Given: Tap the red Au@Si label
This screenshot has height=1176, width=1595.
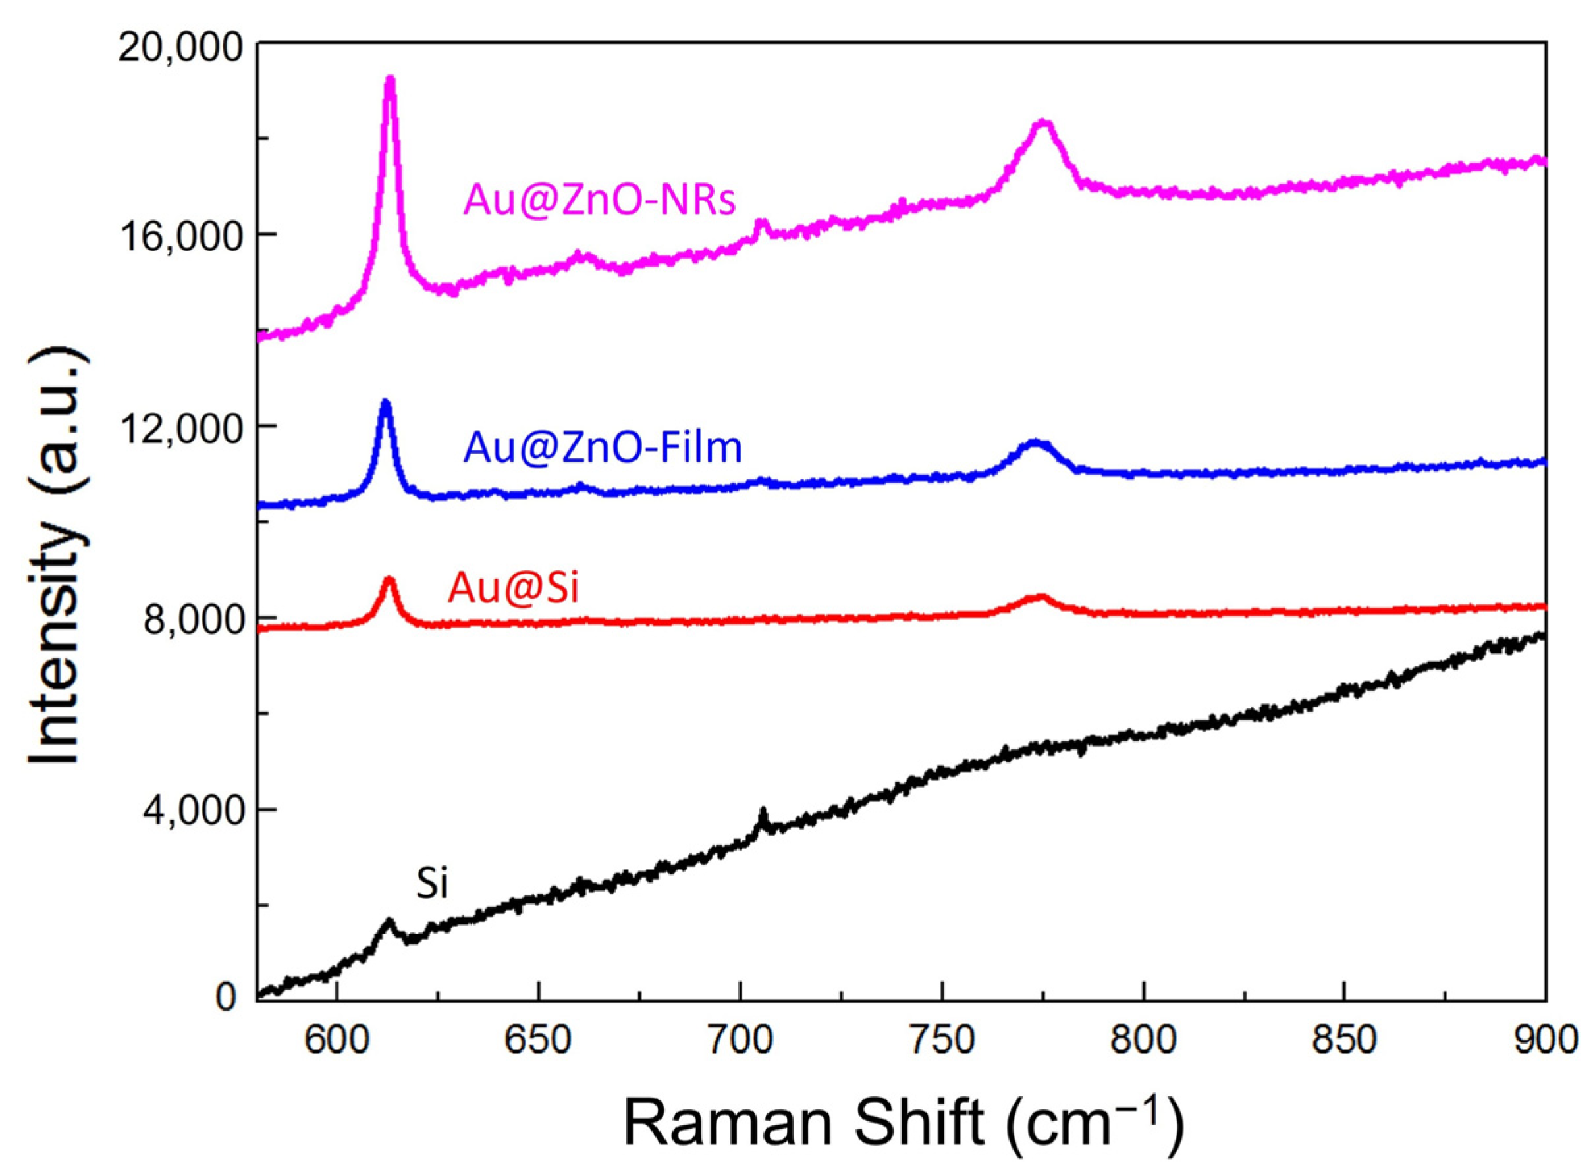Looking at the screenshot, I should coord(512,589).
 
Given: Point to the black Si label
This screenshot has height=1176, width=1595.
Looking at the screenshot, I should coord(431,885).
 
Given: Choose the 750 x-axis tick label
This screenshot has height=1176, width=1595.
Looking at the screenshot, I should coord(941,1042).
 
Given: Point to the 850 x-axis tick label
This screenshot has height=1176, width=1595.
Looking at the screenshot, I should coord(1344,1042).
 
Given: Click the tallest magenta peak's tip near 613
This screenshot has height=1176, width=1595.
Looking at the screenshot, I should coord(389,78).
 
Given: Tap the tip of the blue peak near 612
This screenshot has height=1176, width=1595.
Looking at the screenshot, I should coord(386,402).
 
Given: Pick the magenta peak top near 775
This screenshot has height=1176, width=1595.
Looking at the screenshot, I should coord(1044,123).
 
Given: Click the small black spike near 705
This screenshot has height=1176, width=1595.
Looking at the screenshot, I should coord(763,811).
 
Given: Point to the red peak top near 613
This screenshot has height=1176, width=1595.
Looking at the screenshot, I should coord(389,579).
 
